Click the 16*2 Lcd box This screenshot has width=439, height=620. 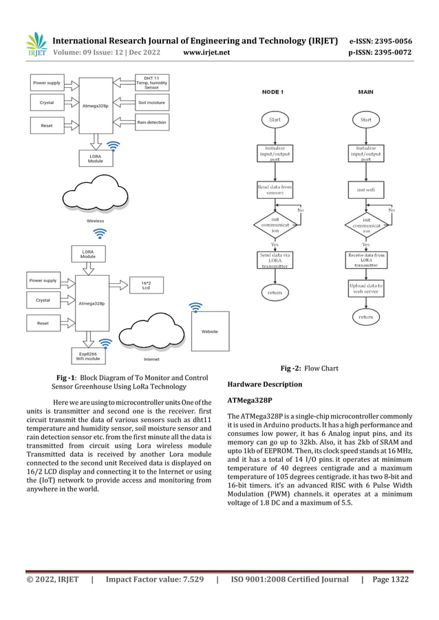(146, 285)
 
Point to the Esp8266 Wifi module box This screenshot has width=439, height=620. (88, 355)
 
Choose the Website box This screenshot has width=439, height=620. (209, 332)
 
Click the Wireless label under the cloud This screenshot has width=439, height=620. (96, 221)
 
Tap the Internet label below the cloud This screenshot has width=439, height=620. (151, 359)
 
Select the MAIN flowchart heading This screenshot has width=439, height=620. (366, 91)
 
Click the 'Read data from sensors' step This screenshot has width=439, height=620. (275, 190)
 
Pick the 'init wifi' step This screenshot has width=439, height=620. (365, 190)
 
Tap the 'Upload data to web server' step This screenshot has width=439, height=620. (365, 288)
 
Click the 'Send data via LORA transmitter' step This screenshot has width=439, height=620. (275, 261)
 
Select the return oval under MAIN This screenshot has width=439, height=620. (365, 318)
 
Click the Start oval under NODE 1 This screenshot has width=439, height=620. (275, 120)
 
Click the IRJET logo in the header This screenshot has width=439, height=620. (36, 45)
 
